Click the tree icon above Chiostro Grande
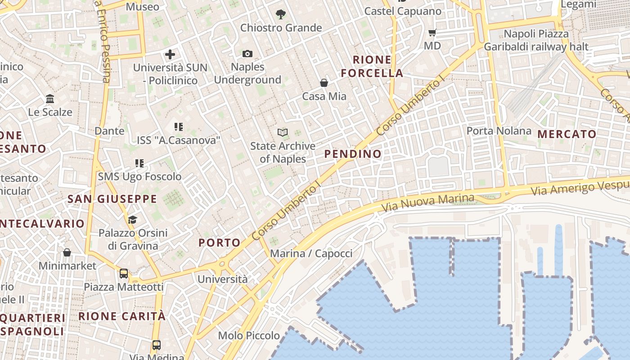pos(281,14)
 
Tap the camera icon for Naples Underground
pos(247,54)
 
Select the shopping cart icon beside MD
pos(432,32)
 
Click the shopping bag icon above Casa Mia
pos(324,83)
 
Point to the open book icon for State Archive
pos(283,133)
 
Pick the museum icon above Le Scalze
pos(50,99)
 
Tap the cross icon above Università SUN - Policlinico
pos(170,54)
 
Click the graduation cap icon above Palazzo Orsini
pos(132,220)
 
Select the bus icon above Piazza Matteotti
pos(123,273)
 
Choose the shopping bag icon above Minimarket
pos(67,252)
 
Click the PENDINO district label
pos(353,154)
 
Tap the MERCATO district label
pos(567,134)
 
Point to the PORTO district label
pos(220,243)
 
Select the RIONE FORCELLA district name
pos(372,67)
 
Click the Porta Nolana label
pos(499,131)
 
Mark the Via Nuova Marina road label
pos(427,203)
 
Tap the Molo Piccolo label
pos(249,336)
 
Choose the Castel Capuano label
pos(403,11)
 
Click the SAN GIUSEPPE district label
pos(112,199)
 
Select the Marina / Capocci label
pos(311,253)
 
